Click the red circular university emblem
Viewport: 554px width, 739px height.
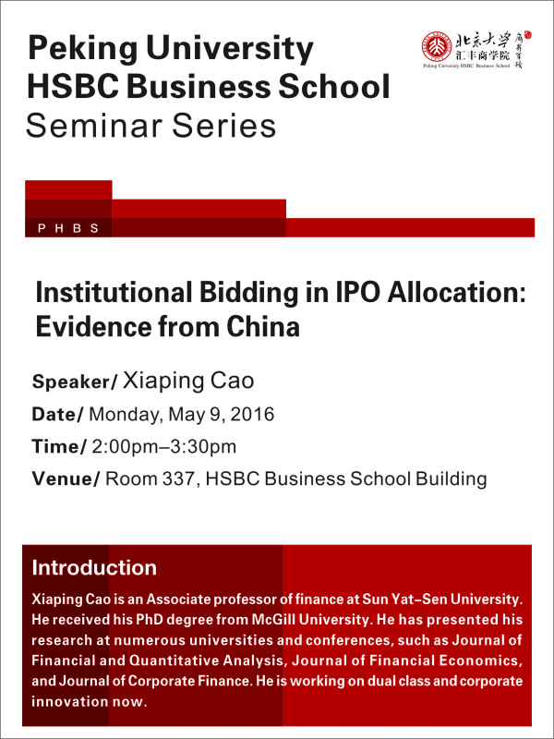pyautogui.click(x=436, y=47)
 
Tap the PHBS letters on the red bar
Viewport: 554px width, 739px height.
pyautogui.click(x=68, y=228)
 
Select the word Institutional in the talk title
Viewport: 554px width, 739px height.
pyautogui.click(x=114, y=293)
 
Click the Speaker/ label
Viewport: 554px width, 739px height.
pyautogui.click(x=75, y=382)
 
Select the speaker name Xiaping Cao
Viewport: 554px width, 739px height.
pyautogui.click(x=188, y=381)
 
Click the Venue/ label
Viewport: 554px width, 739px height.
pyautogui.click(x=66, y=479)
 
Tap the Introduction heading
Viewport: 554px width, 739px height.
pyautogui.click(x=94, y=567)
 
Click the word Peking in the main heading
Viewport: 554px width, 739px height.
pyautogui.click(x=83, y=48)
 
